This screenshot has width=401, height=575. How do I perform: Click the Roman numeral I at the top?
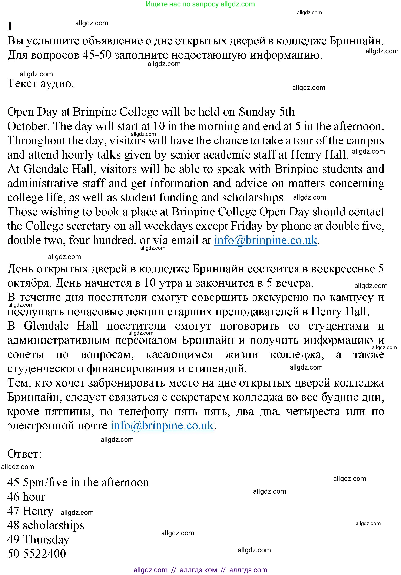(x=10, y=26)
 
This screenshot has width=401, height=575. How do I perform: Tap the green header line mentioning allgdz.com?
(x=200, y=4)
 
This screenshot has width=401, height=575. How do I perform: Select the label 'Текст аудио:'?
(x=41, y=83)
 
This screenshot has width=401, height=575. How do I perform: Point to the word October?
(x=27, y=126)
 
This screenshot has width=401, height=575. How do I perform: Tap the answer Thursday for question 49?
(x=46, y=540)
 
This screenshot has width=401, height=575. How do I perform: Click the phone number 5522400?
(x=44, y=554)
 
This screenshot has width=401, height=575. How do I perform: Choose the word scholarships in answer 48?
(x=53, y=525)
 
